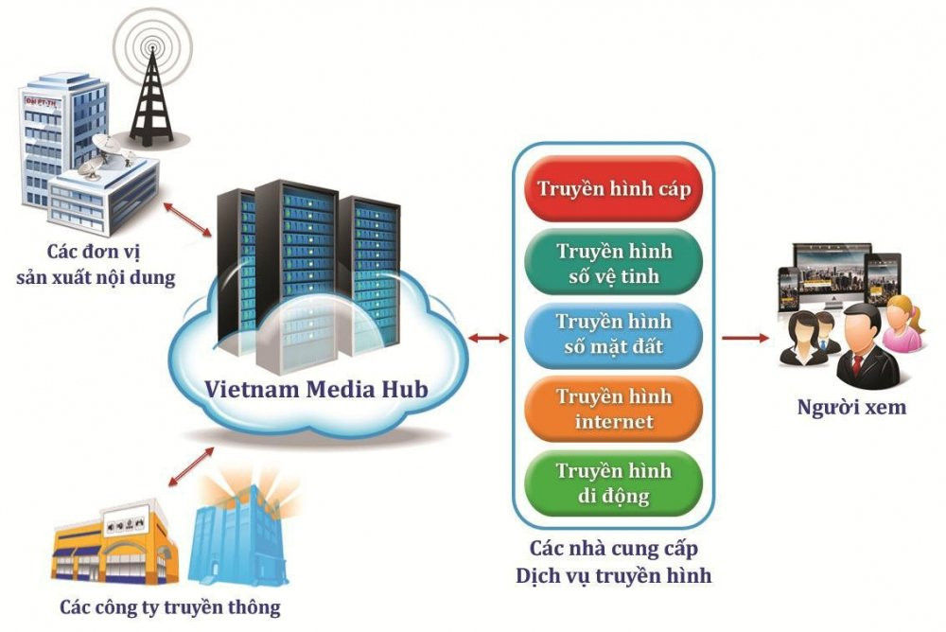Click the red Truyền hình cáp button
[x=614, y=187]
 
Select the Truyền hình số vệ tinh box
[x=614, y=263]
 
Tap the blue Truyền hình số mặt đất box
[x=614, y=334]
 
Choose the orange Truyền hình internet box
[x=614, y=408]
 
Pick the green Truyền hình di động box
[x=614, y=483]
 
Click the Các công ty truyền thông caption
[x=170, y=606]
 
